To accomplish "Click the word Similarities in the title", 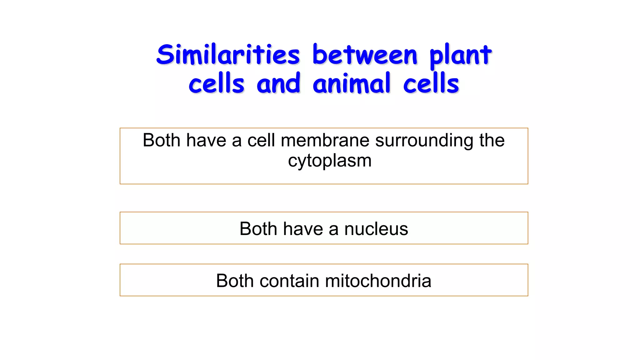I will click(228, 55).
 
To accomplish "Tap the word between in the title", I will click(365, 55).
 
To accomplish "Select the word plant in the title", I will click(460, 56).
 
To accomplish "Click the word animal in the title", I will click(352, 84).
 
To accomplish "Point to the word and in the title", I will click(278, 84).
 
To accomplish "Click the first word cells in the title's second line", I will click(216, 84).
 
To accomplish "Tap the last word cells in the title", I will click(431, 84).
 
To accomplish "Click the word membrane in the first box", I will click(325, 140).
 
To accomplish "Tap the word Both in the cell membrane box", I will click(161, 140).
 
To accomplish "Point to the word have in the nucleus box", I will click(303, 229).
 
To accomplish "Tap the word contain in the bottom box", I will click(289, 281).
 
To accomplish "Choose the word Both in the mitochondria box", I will click(235, 281).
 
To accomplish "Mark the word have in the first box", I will click(206, 140).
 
